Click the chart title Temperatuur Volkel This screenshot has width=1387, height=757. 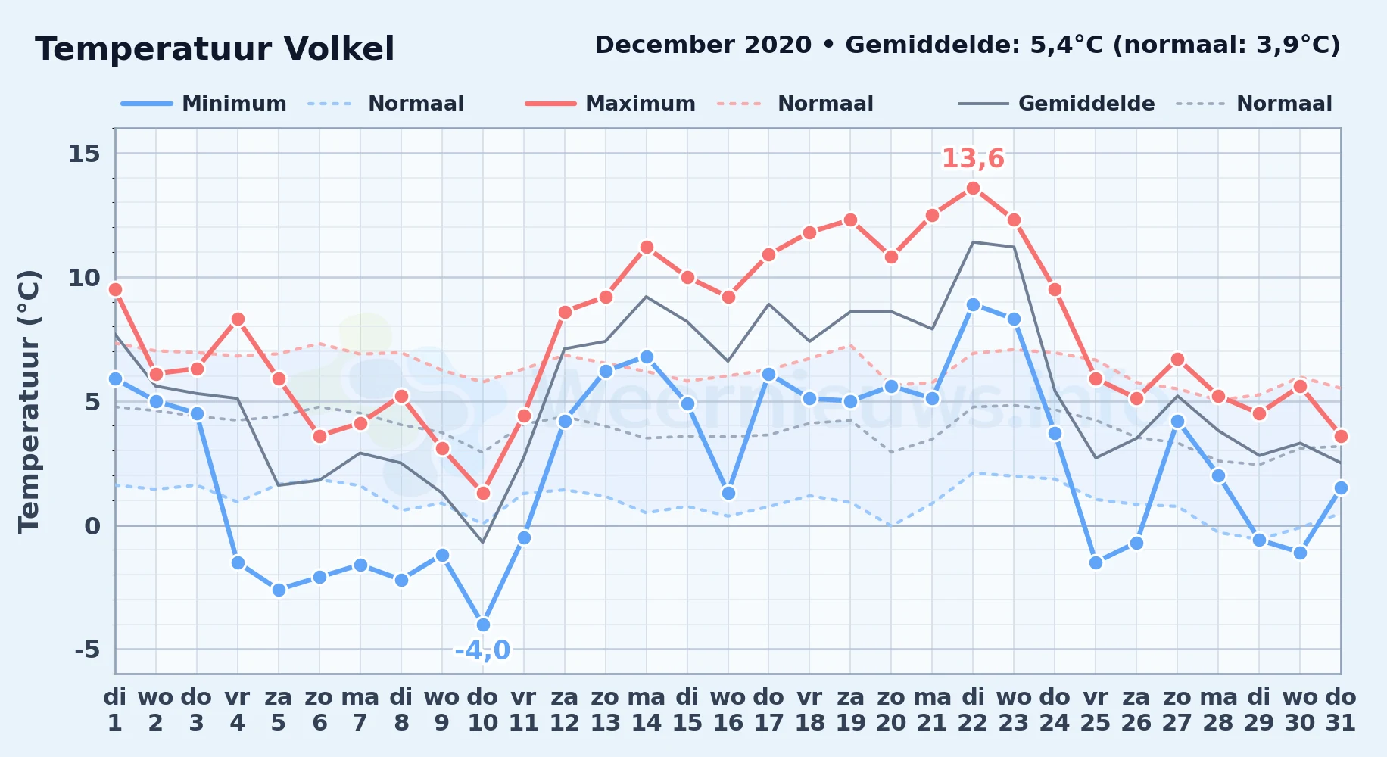pyautogui.click(x=215, y=49)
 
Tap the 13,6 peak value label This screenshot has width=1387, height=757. pyautogui.click(x=973, y=159)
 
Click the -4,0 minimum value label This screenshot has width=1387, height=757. pyautogui.click(x=482, y=650)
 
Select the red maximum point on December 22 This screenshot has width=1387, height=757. pyautogui.click(x=973, y=188)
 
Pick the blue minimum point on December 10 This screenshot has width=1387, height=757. pyautogui.click(x=483, y=625)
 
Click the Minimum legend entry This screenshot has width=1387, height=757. pyautogui.click(x=204, y=104)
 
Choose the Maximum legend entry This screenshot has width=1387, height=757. pyautogui.click(x=610, y=104)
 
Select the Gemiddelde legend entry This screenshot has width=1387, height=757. pyautogui.click(x=1057, y=104)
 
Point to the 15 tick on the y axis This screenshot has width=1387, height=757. pyautogui.click(x=84, y=154)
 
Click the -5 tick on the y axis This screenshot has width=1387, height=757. pyautogui.click(x=87, y=650)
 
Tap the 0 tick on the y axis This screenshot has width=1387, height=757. pyautogui.click(x=92, y=525)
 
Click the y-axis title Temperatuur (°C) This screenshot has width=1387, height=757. pyautogui.click(x=30, y=401)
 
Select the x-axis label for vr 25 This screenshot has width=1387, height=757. pyautogui.click(x=1096, y=709)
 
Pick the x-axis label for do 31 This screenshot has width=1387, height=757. pyautogui.click(x=1341, y=709)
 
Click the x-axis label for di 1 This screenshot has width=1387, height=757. pyautogui.click(x=115, y=709)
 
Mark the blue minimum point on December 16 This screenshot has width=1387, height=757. pyautogui.click(x=728, y=493)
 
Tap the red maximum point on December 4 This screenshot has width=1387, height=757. pyautogui.click(x=238, y=319)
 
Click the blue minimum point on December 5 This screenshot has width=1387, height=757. pyautogui.click(x=279, y=590)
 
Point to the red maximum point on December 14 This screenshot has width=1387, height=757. pyautogui.click(x=647, y=247)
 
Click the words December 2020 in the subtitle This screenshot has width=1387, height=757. pyautogui.click(x=703, y=45)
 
